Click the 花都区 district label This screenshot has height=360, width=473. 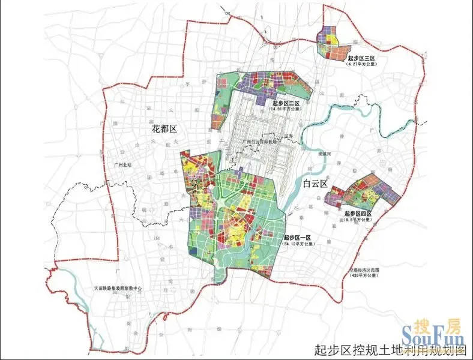(x=163, y=129)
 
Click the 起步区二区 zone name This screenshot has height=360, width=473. (x=285, y=104)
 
